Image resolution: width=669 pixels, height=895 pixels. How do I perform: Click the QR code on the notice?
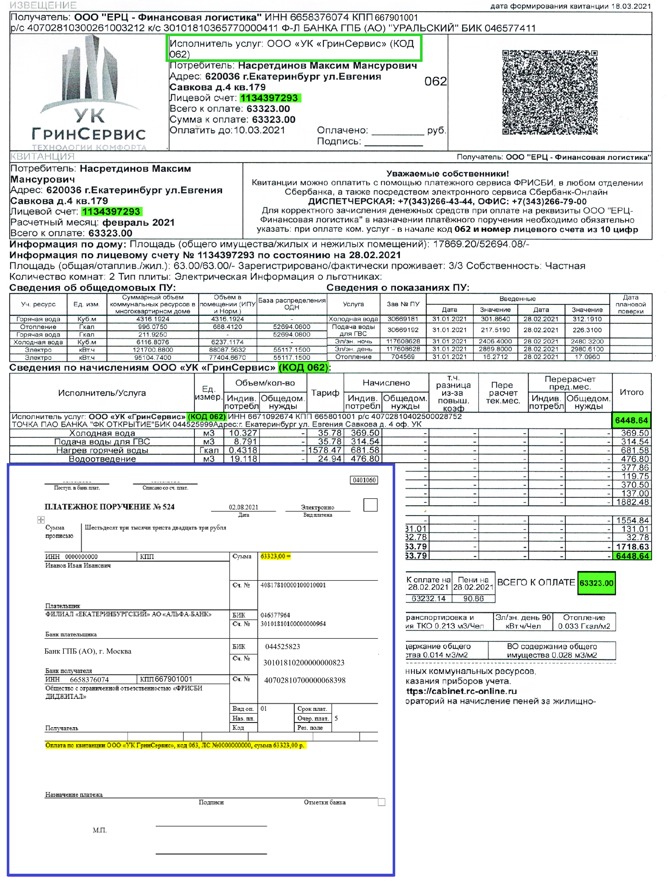549,92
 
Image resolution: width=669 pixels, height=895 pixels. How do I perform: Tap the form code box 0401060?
364,480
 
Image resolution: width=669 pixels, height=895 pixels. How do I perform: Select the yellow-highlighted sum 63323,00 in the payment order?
275,556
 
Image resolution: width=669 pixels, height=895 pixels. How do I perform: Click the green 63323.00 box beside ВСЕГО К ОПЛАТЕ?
596,583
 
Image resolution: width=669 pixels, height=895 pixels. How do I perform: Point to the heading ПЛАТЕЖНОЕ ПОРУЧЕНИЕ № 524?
109,507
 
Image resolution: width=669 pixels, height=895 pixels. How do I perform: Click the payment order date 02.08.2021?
243,507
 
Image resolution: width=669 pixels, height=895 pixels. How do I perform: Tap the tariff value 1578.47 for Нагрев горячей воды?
325,450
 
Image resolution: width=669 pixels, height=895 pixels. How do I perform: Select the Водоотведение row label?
102,459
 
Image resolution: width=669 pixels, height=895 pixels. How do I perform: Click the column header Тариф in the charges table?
325,393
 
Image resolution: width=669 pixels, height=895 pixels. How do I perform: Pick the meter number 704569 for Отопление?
402,357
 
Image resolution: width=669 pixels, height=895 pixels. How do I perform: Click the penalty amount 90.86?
473,598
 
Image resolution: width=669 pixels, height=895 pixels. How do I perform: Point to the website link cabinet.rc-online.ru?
462,691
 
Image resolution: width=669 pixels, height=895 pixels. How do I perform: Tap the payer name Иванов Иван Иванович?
78,566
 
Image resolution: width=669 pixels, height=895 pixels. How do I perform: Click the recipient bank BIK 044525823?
282,647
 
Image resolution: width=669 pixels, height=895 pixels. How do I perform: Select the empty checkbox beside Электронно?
370,505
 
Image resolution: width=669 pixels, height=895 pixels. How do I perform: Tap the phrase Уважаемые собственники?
447,174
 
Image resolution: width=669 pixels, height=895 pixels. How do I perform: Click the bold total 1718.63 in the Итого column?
632,547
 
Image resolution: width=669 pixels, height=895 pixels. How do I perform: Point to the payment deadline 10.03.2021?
259,130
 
